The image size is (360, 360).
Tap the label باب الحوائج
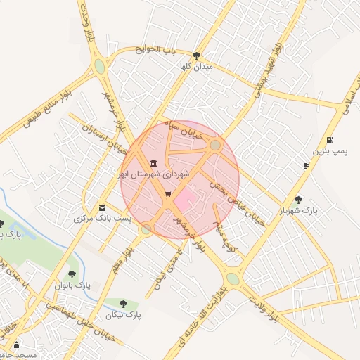click(x=157, y=49)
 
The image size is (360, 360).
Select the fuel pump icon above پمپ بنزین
click(x=330, y=140)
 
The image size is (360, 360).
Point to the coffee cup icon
click(x=306, y=165)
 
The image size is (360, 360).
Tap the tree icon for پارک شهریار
click(x=299, y=200)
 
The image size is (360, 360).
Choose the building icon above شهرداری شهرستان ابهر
click(x=153, y=163)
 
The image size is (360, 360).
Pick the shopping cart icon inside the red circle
click(x=167, y=193)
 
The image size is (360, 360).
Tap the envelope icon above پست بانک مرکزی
click(x=103, y=207)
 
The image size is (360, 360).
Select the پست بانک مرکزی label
click(x=103, y=219)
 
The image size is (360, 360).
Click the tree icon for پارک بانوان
click(x=72, y=274)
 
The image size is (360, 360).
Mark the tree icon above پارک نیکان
click(x=124, y=304)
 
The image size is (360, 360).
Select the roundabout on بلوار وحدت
click(x=100, y=67)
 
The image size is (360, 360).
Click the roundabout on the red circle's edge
click(x=215, y=146)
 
